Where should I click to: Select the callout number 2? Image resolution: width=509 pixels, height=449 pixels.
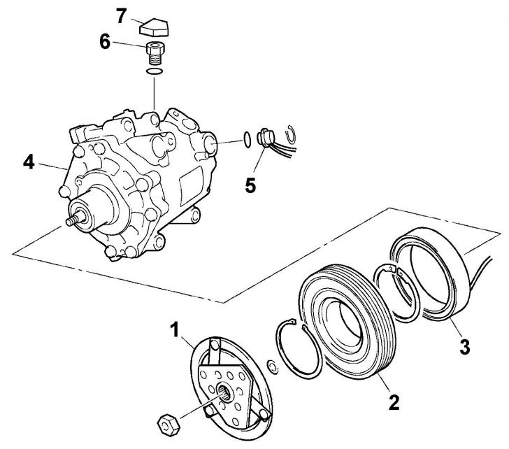pyautogui.click(x=394, y=401)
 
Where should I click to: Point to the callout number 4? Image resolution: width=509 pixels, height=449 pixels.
pyautogui.click(x=29, y=162)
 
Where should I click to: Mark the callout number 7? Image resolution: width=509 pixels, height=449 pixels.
pyautogui.click(x=122, y=16)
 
